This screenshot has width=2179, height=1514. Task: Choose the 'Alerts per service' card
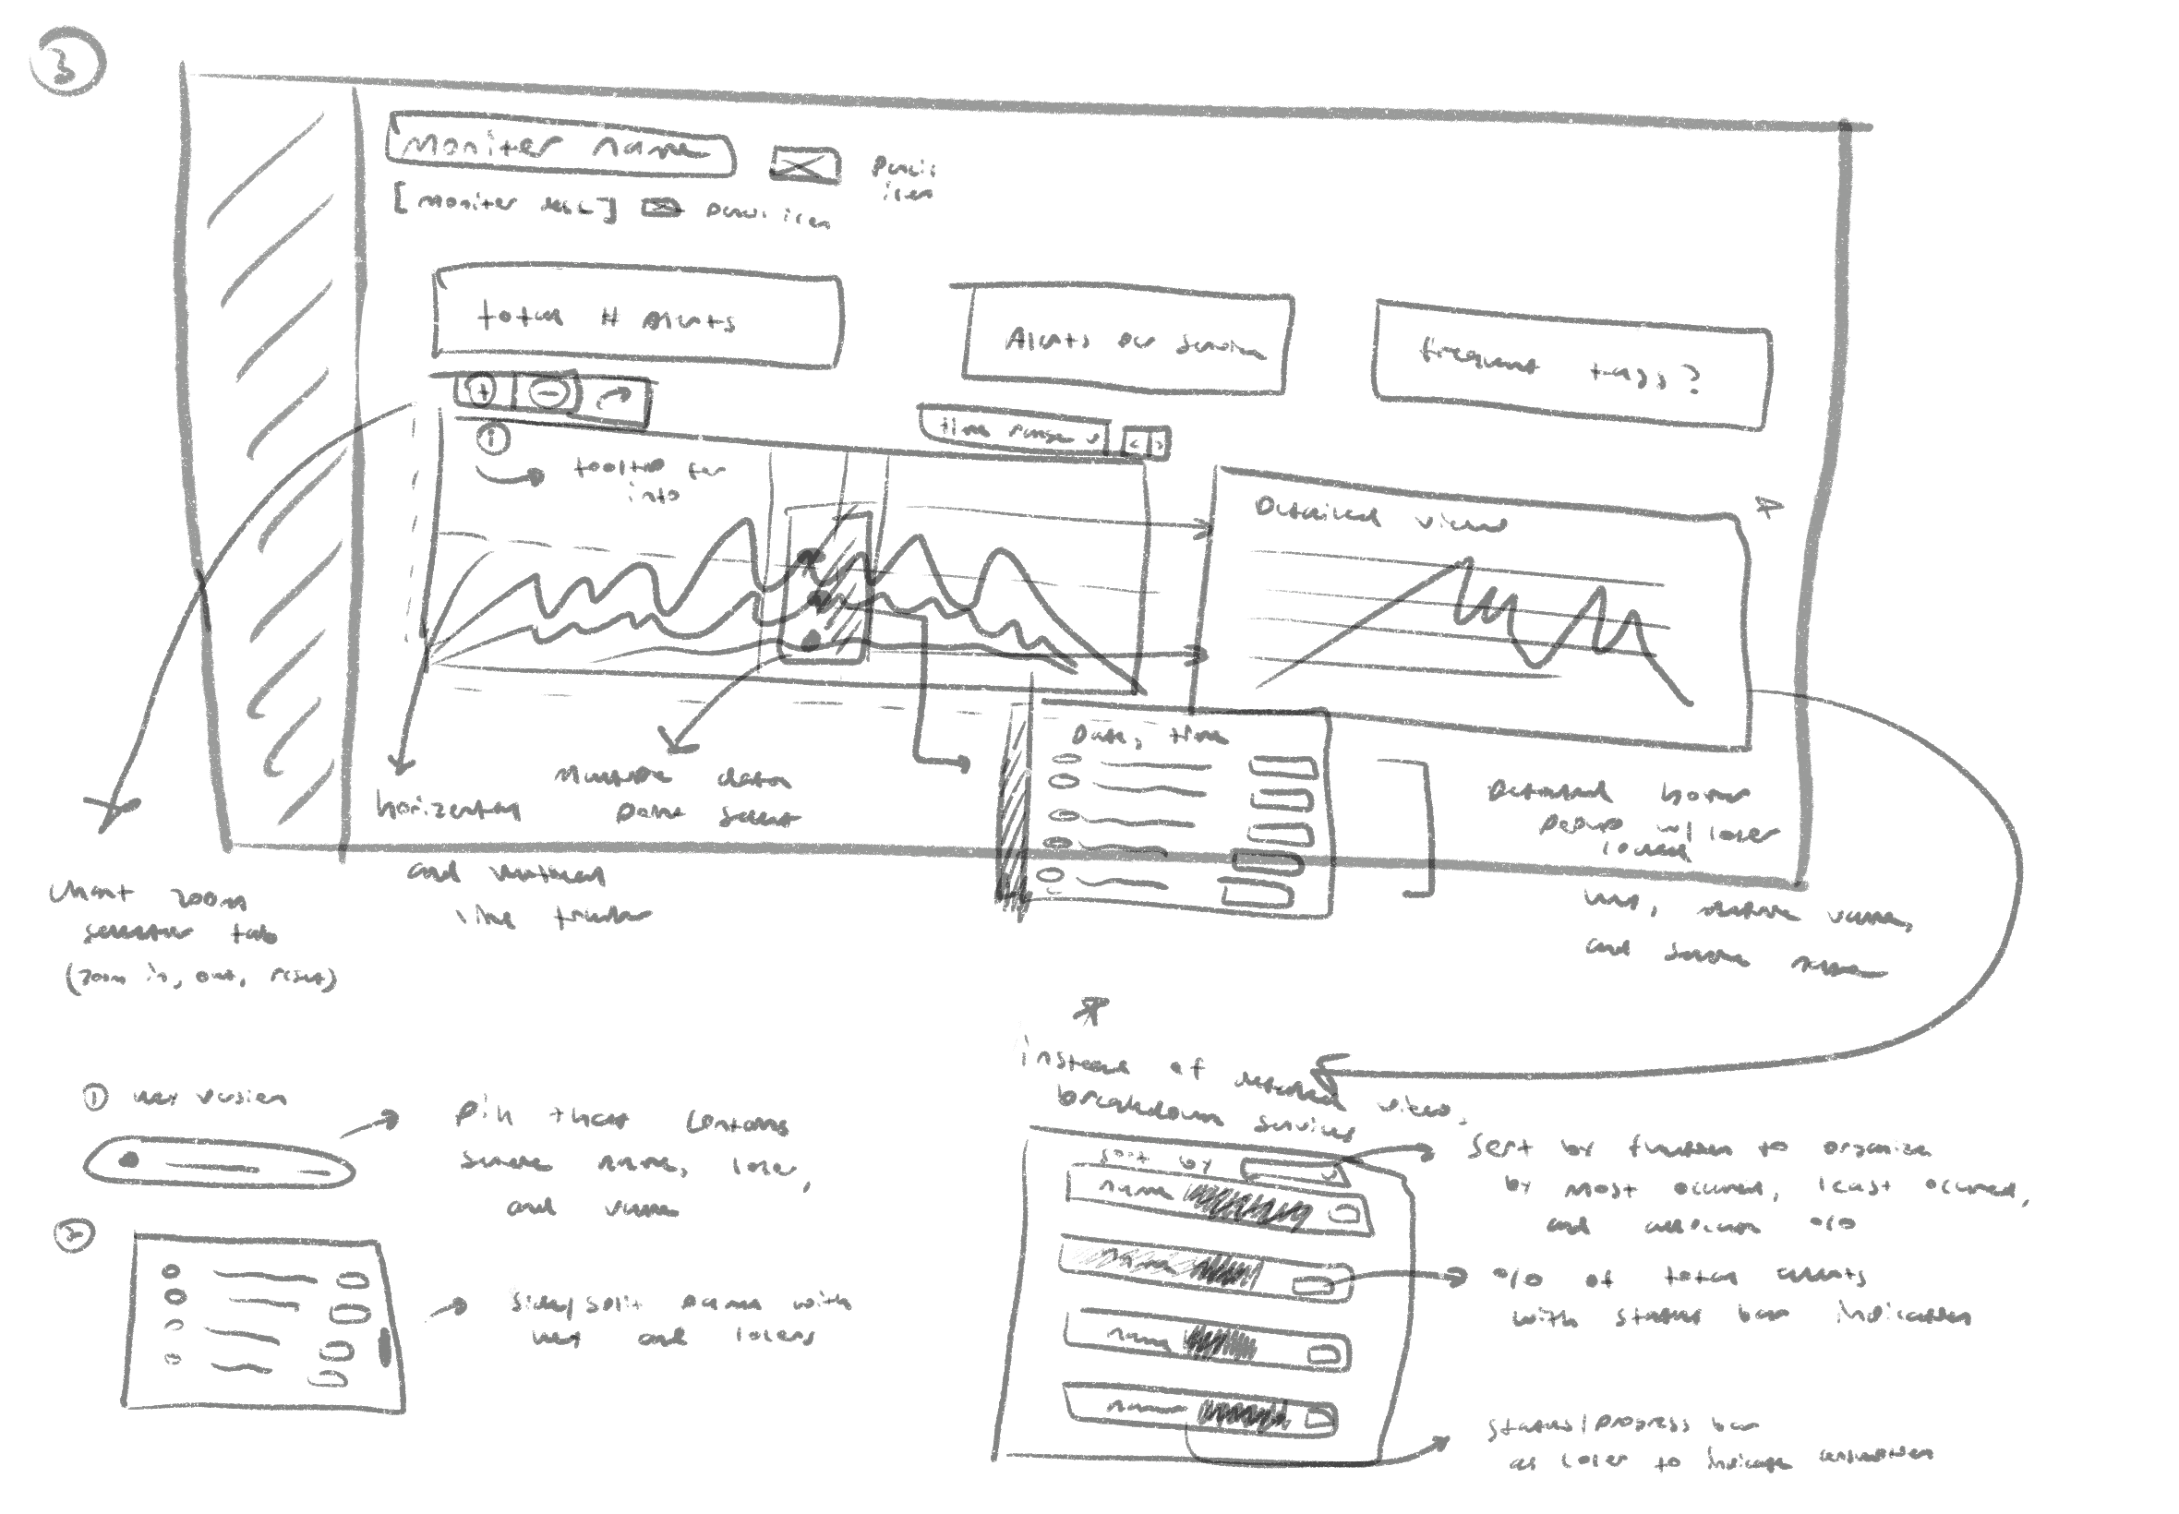[1126, 342]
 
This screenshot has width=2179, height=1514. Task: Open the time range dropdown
[1014, 432]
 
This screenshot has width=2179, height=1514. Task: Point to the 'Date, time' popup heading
[1148, 735]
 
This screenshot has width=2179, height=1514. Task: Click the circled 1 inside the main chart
[492, 439]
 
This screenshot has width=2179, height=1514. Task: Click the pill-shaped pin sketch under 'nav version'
[219, 1163]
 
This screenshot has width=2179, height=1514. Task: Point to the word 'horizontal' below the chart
[448, 808]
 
